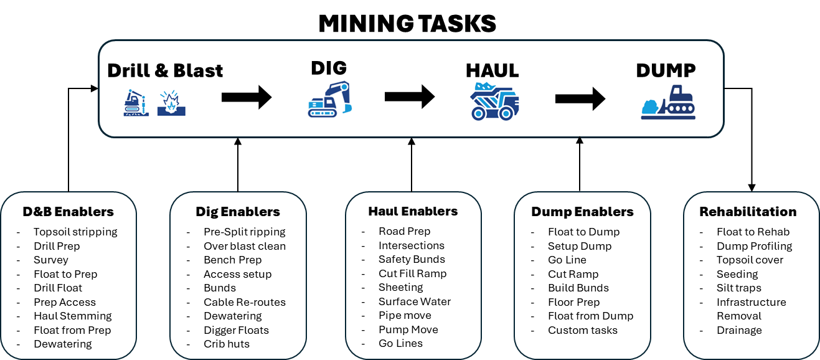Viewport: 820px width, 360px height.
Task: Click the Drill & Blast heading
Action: tap(165, 70)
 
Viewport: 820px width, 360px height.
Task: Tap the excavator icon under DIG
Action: tap(330, 100)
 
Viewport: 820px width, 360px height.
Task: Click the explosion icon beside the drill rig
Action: tap(171, 103)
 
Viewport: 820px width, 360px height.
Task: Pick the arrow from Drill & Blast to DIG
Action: tap(247, 97)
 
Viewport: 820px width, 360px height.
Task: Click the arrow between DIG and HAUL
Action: tap(409, 97)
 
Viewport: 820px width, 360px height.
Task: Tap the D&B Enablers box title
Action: tap(68, 212)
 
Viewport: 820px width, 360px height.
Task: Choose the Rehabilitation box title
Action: tap(748, 212)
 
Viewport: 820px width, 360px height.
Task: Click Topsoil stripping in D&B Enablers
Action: tap(75, 232)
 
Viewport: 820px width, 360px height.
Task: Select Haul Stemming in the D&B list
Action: tap(73, 316)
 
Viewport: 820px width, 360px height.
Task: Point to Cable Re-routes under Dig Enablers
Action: tap(245, 302)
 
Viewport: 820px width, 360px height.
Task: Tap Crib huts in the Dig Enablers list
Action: tap(227, 344)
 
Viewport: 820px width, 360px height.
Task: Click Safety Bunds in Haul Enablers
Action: tap(412, 259)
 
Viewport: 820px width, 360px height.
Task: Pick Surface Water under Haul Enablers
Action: tap(415, 301)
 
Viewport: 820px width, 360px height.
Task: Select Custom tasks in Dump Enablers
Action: tap(583, 330)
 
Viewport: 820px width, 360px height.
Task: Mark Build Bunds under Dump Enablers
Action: tap(578, 288)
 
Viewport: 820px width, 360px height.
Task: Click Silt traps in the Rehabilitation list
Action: tap(739, 288)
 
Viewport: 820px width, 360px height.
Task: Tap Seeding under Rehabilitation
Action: tap(737, 274)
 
